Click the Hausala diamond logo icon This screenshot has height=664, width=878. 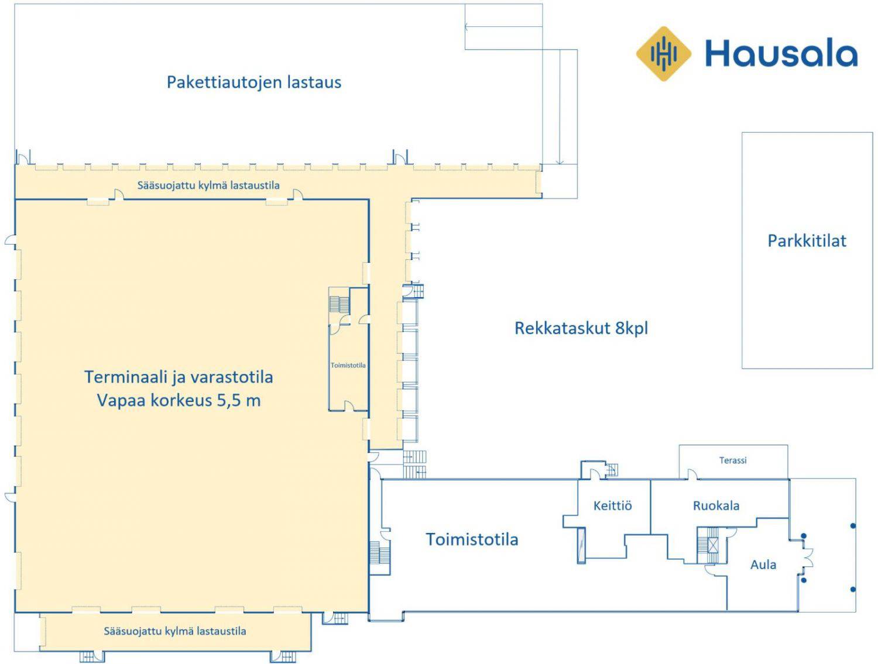pyautogui.click(x=663, y=54)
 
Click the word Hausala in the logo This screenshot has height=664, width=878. pyautogui.click(x=781, y=54)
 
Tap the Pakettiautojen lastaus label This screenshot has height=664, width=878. pyautogui.click(x=254, y=82)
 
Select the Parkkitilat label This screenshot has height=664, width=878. pyautogui.click(x=807, y=240)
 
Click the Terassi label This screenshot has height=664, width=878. pyautogui.click(x=733, y=460)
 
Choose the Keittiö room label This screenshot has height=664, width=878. pyautogui.click(x=612, y=505)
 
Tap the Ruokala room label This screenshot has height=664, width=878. pyautogui.click(x=716, y=505)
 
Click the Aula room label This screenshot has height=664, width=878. pyautogui.click(x=763, y=565)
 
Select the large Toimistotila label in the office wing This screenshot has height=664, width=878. pyautogui.click(x=472, y=539)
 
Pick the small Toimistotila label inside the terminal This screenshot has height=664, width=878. pyautogui.click(x=348, y=365)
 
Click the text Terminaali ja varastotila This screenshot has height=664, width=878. pyautogui.click(x=179, y=377)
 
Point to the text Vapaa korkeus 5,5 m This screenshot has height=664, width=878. pyautogui.click(x=179, y=400)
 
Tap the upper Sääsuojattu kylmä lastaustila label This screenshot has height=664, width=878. pyautogui.click(x=208, y=185)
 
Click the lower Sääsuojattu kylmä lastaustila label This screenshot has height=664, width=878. pyautogui.click(x=175, y=631)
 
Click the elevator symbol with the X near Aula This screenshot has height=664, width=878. pyautogui.click(x=713, y=545)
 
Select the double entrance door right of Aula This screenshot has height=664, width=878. pyautogui.click(x=807, y=558)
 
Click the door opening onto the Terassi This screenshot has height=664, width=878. pyautogui.click(x=692, y=474)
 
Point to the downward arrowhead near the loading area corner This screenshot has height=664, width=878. pyautogui.click(x=560, y=161)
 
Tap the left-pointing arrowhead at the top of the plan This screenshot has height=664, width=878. pyautogui.click(x=467, y=27)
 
